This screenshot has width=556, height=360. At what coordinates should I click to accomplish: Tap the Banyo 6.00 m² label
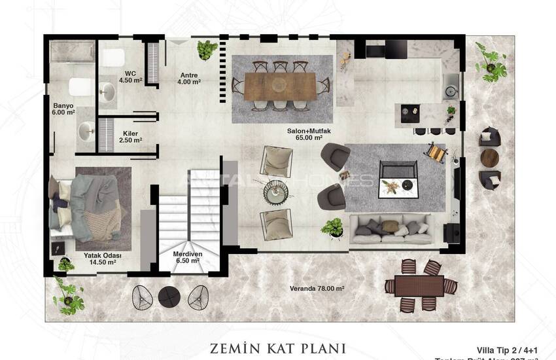64,109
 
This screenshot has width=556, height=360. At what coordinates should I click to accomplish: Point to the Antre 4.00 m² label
188,79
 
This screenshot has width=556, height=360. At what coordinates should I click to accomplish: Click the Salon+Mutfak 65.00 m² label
305,134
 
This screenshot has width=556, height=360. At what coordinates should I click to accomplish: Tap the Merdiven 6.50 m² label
186,257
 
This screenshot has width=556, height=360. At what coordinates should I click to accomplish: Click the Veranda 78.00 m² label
317,289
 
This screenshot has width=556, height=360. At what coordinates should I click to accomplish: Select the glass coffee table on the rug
399,178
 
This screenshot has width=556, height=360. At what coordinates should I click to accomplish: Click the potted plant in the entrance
207,49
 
